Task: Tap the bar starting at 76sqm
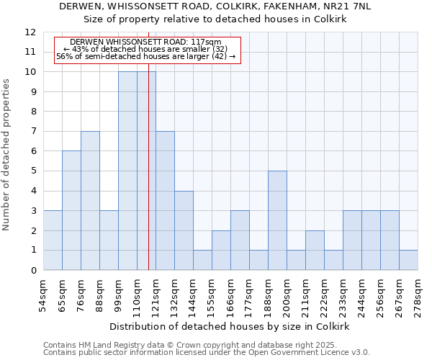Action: pos(90,201)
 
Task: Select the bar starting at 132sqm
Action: pos(184,230)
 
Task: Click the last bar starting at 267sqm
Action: pos(408,260)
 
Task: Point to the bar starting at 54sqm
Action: pos(53,240)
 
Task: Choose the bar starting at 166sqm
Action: pos(240,240)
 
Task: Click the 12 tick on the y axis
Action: pos(30,32)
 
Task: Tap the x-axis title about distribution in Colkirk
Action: pos(230,326)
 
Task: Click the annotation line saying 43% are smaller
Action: pos(145,49)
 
